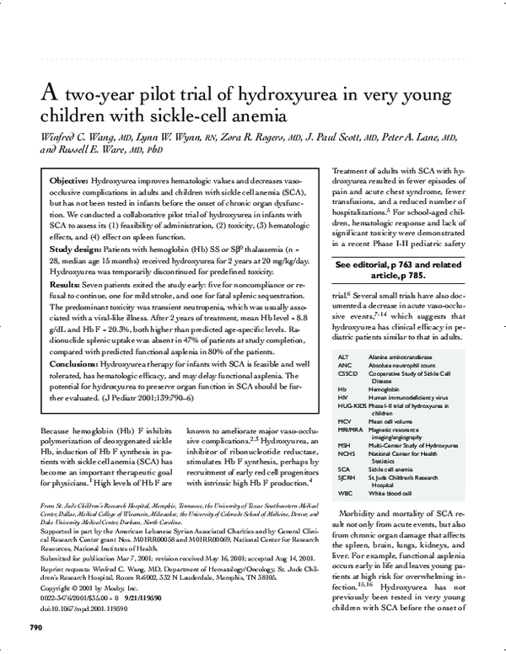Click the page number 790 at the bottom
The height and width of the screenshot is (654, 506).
coord(36,628)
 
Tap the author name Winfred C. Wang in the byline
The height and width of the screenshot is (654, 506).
coord(73,136)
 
